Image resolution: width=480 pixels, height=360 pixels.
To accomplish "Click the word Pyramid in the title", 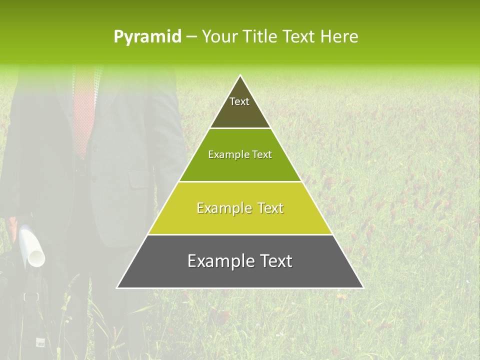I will pyautogui.click(x=147, y=37).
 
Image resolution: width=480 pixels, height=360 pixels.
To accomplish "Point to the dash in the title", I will pyautogui.click(x=191, y=37).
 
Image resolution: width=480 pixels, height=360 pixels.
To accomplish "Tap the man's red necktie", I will pyautogui.click(x=83, y=115).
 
